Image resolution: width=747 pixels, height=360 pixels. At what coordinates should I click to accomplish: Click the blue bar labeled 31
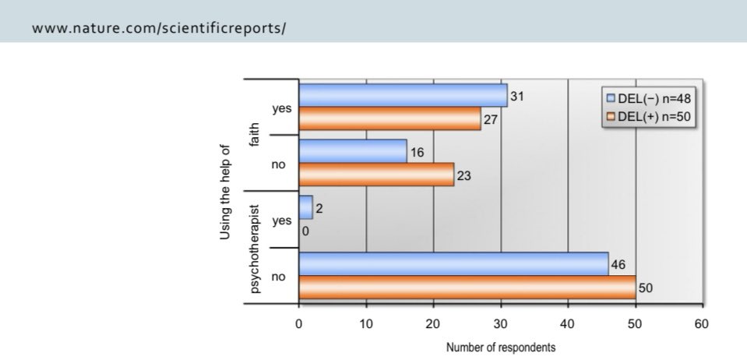pos(402,95)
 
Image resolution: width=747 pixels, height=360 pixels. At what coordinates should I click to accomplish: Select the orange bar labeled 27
pos(389,118)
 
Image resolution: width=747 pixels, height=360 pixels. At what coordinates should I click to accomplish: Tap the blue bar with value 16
pos(352,151)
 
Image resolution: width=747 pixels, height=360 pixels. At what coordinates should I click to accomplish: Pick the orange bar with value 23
pos(375,174)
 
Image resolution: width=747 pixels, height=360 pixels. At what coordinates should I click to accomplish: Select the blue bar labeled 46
pos(453,264)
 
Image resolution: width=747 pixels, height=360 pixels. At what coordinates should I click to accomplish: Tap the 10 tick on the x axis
pos(366,323)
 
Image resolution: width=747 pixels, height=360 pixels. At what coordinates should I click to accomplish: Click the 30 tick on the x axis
pos(500,323)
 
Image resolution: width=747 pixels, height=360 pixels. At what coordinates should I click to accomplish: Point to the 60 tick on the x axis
pos(703,323)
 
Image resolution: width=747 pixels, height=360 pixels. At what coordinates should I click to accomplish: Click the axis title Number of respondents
pos(501,348)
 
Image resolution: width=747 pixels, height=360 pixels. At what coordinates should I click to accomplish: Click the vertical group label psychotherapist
pos(254,245)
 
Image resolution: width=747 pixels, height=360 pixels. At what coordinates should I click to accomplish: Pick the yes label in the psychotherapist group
pos(282,221)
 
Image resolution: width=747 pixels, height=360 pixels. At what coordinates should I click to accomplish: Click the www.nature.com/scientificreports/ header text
pos(160,28)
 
